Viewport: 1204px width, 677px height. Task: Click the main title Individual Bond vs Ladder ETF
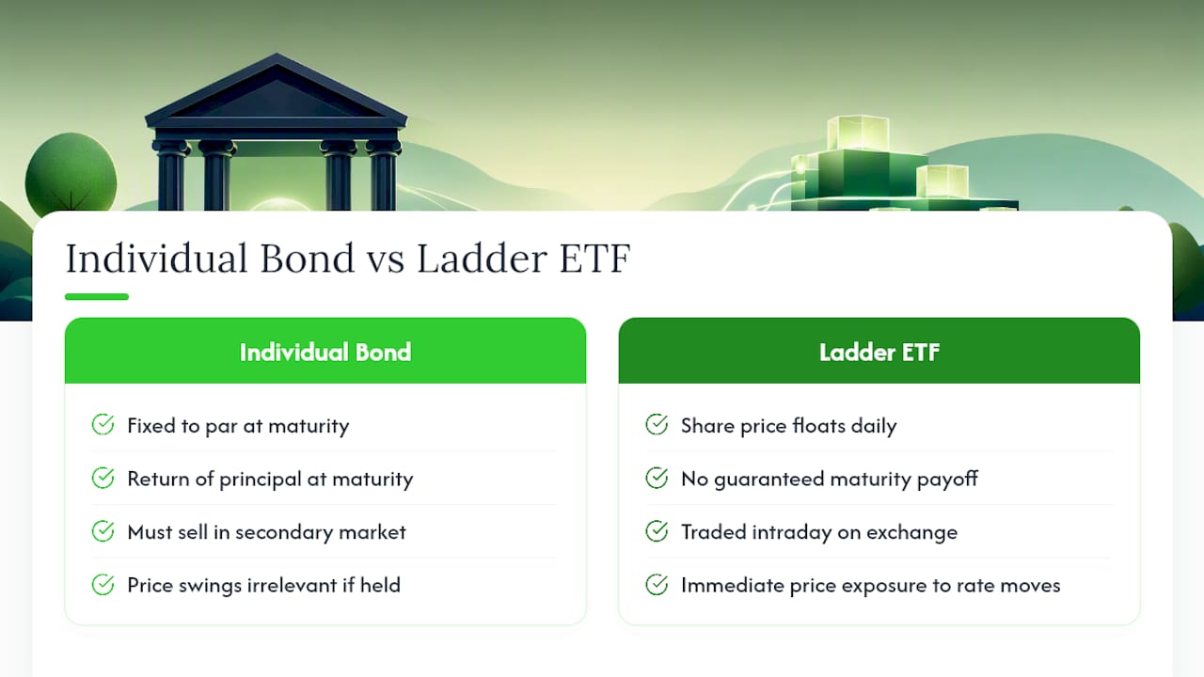(348, 259)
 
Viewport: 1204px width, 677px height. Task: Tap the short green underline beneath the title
(97, 296)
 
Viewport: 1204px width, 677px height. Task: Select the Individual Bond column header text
(325, 353)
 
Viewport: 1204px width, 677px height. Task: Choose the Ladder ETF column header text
(879, 353)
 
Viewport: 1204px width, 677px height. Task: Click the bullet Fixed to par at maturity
(238, 426)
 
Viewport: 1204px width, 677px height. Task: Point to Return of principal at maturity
(270, 480)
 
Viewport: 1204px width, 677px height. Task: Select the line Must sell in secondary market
(266, 532)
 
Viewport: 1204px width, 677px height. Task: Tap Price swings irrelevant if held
(264, 585)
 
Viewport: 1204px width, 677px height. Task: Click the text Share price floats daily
(788, 426)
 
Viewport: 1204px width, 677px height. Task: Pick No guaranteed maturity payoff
(830, 480)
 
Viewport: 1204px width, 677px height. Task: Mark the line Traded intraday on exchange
(819, 532)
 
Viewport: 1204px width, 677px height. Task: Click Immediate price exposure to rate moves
(871, 585)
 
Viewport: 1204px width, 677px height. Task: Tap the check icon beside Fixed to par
(103, 424)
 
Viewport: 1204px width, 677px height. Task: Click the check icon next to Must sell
(103, 531)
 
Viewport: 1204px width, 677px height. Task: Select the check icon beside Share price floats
(657, 424)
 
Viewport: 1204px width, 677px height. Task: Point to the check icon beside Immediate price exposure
(657, 584)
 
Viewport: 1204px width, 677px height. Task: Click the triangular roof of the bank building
(277, 91)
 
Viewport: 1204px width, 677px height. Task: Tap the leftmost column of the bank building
(171, 175)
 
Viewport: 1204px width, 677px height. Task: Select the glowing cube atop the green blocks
(857, 134)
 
